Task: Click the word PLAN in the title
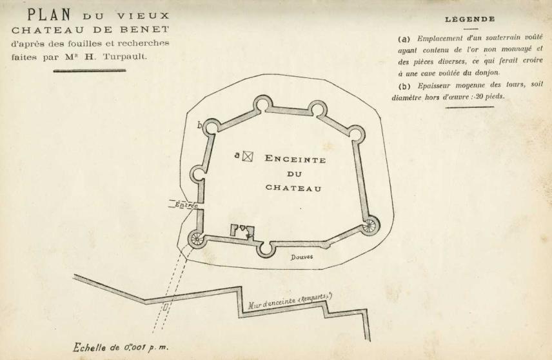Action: point(49,14)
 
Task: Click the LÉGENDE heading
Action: point(470,19)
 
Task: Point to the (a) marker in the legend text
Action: point(404,38)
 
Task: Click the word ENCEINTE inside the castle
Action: point(295,160)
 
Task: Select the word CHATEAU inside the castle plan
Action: point(293,188)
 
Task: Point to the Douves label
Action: point(301,256)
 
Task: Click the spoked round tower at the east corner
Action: point(370,225)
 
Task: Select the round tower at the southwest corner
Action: point(195,240)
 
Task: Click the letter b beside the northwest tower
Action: point(200,125)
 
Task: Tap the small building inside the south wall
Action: point(242,230)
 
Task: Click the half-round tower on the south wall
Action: point(264,248)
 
